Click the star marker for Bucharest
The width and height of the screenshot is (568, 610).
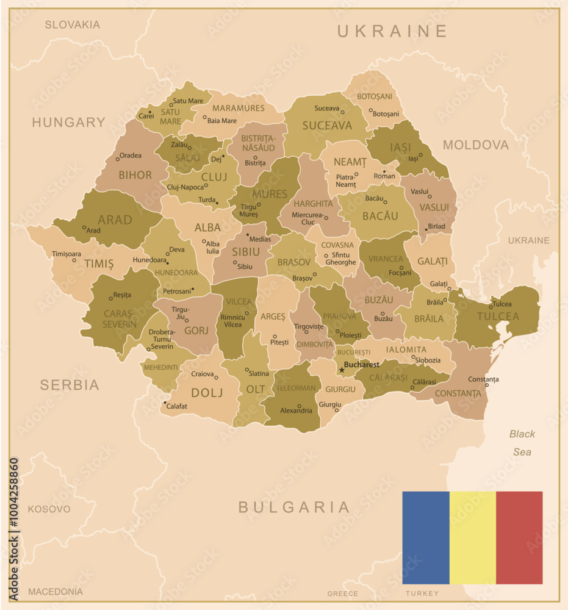[x=341, y=370]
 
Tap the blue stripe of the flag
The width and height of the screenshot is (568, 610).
[x=425, y=537]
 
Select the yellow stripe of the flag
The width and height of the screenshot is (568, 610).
[x=472, y=537]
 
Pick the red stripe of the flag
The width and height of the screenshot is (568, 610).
[x=519, y=537]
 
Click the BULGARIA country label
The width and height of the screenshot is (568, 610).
[x=294, y=507]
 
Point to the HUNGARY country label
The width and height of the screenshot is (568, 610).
[x=68, y=122]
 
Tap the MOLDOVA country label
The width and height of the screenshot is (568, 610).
[x=475, y=145]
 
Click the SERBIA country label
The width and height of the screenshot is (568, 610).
[x=70, y=384]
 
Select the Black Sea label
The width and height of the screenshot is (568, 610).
[x=522, y=443]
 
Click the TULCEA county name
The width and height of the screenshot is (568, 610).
[x=498, y=316]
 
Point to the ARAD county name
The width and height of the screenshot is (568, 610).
[x=115, y=220]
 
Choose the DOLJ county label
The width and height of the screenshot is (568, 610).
[x=207, y=392]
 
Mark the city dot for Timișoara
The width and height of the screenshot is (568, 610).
[x=74, y=260]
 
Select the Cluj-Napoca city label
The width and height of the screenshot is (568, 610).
[x=185, y=187]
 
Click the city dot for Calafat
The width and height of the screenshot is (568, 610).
[x=165, y=403]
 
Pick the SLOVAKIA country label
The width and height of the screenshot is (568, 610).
[x=72, y=25]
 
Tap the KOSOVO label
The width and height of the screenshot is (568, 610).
[x=49, y=509]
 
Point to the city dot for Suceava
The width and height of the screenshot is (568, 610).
[x=342, y=112]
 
